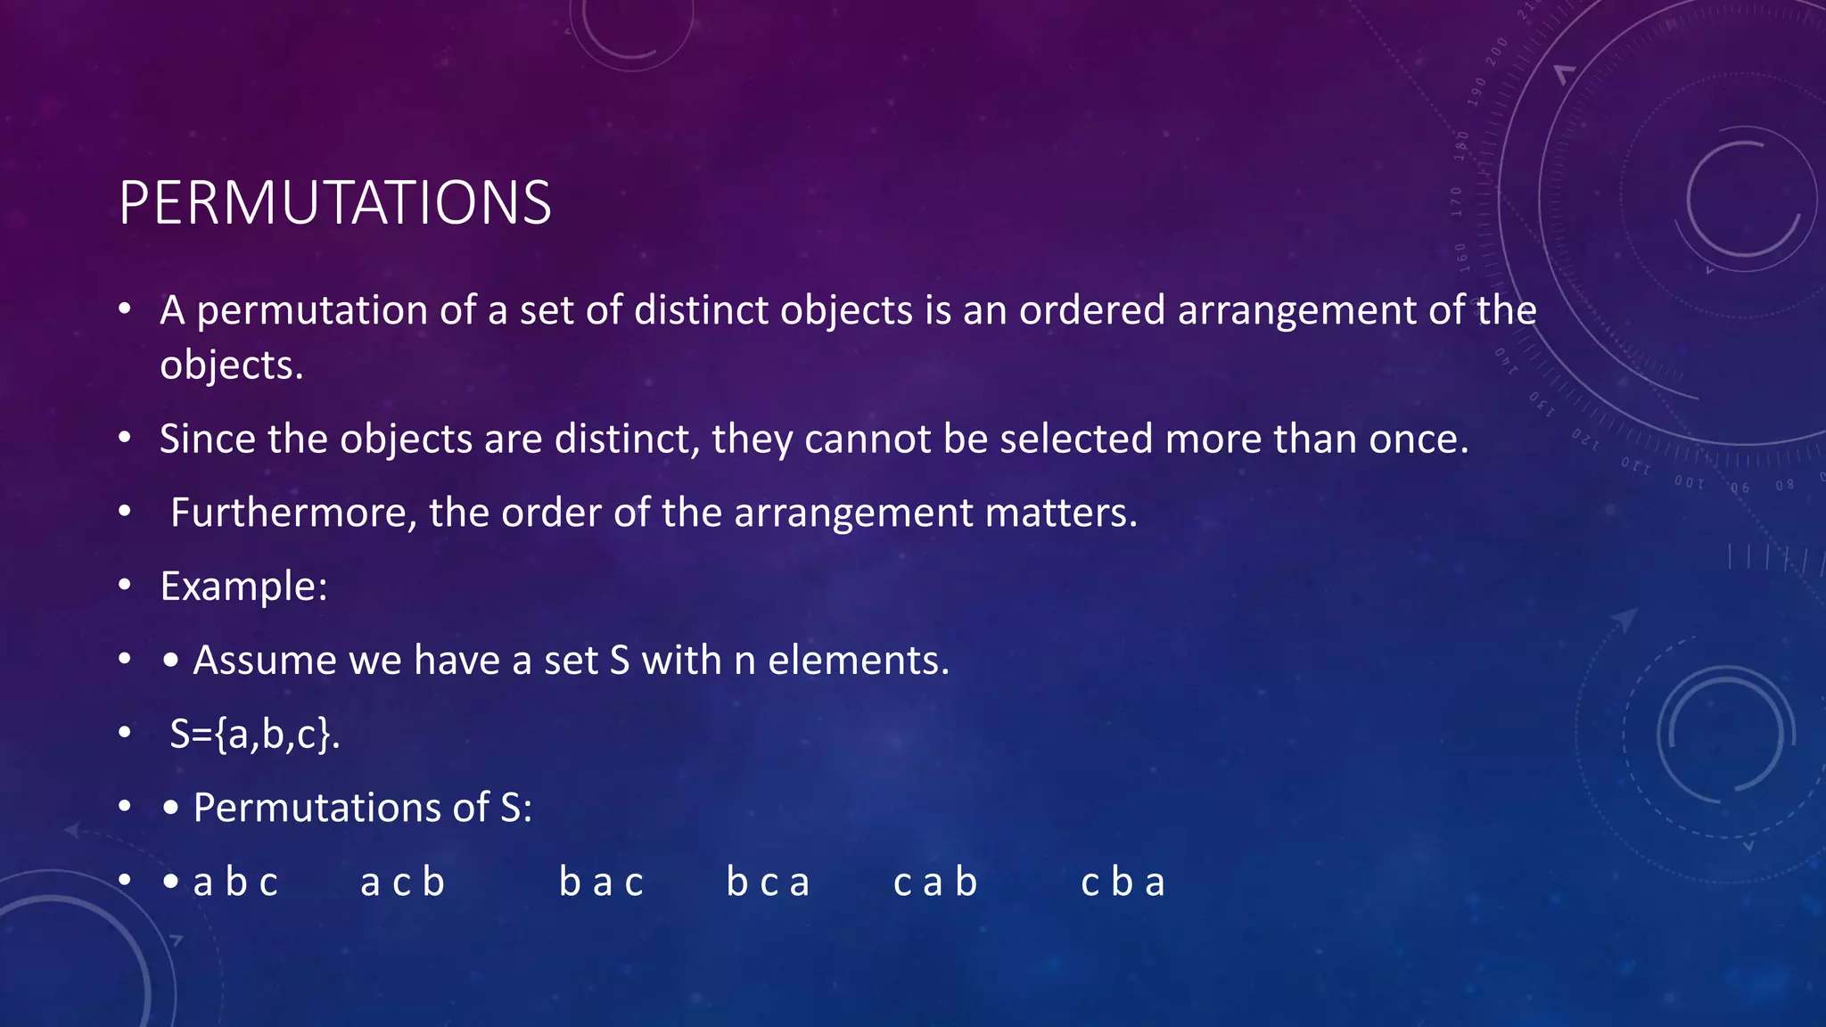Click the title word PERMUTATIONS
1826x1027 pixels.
(x=334, y=203)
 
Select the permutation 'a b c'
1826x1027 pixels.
(x=235, y=883)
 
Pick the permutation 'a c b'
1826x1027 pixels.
(x=402, y=883)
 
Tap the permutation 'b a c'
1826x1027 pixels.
(x=601, y=883)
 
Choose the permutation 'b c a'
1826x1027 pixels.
(x=768, y=883)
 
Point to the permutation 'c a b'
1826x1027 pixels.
(x=935, y=883)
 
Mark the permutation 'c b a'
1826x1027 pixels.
(x=1123, y=883)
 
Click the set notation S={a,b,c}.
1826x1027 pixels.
(x=255, y=735)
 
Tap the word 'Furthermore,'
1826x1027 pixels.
(x=293, y=513)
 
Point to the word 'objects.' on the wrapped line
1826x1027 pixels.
(x=232, y=366)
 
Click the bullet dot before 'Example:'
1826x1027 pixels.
(x=125, y=586)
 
